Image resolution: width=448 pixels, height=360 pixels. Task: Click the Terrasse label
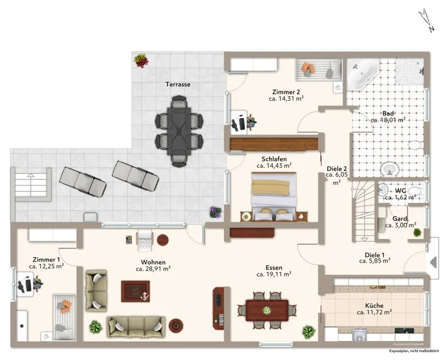pyautogui.click(x=178, y=85)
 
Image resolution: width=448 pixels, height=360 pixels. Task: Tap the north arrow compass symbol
pyautogui.click(x=426, y=20)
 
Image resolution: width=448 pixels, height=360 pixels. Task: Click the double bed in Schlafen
pyautogui.click(x=273, y=196)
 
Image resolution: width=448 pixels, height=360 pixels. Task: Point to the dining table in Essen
pyautogui.click(x=267, y=310)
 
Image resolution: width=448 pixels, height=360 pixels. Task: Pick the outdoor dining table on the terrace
pyautogui.click(x=179, y=131)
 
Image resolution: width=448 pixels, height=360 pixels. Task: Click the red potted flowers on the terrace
pyautogui.click(x=141, y=61)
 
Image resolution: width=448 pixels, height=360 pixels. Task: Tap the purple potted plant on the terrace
pyautogui.click(x=215, y=212)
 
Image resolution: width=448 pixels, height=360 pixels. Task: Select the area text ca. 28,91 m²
pyautogui.click(x=153, y=269)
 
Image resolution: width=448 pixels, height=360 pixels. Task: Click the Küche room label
pyautogui.click(x=374, y=306)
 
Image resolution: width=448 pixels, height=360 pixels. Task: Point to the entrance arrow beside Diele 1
pyautogui.click(x=433, y=262)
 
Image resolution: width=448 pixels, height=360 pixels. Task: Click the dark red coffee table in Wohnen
pyautogui.click(x=136, y=291)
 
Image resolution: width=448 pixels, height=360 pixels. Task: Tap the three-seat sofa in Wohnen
pyautogui.click(x=136, y=326)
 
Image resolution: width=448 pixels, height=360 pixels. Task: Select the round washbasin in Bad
pyautogui.click(x=390, y=169)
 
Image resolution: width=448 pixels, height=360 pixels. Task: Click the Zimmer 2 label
pyautogui.click(x=286, y=92)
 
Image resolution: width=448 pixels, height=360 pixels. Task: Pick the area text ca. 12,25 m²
pyautogui.click(x=46, y=266)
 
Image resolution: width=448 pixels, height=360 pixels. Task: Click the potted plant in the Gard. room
pyautogui.click(x=417, y=232)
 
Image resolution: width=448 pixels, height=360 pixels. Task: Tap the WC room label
pyautogui.click(x=401, y=191)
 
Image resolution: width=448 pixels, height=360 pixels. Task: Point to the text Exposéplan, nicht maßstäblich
pyautogui.click(x=414, y=351)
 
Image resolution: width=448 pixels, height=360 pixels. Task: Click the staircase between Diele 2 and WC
pyautogui.click(x=363, y=211)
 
